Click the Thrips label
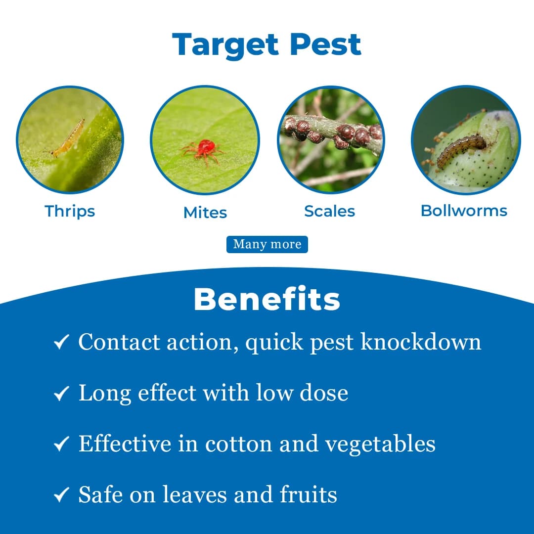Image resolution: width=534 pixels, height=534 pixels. point(70,211)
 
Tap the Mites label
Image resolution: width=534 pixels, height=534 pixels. point(205,213)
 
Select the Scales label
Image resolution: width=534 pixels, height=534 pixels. point(329,211)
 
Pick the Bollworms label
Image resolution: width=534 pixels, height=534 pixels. point(464,211)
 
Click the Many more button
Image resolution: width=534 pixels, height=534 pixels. point(267,244)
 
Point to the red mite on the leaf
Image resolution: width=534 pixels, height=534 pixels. point(204,148)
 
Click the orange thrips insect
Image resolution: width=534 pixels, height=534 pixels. point(69,138)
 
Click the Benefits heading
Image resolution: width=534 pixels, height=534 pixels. point(267,300)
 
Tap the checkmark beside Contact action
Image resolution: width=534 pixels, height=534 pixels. point(61,343)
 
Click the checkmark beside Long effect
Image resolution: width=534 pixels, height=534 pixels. point(61,394)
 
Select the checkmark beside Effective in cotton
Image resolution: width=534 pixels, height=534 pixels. point(61,444)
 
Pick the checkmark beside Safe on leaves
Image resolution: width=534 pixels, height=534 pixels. point(61,495)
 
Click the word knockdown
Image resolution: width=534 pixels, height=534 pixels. point(421,342)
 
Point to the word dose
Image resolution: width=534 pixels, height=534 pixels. point(324,393)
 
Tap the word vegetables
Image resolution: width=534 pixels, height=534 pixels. point(380,444)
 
